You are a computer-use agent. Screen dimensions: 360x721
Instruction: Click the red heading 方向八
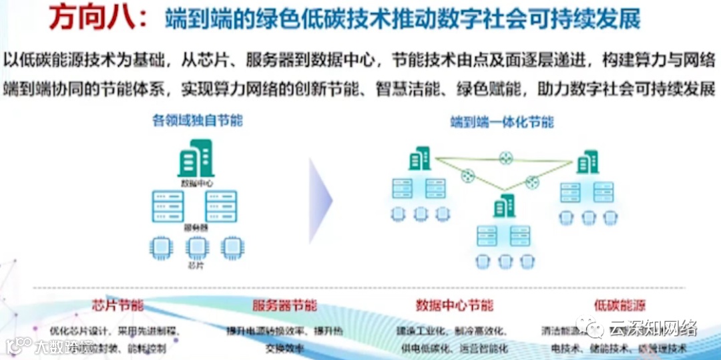100,19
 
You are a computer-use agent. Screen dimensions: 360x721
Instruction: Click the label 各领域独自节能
198,121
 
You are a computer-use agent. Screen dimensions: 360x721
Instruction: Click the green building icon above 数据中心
195,159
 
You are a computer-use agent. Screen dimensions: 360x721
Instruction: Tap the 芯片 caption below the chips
195,265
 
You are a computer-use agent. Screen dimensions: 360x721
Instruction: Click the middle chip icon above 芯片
195,247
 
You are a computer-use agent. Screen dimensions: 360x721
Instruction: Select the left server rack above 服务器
168,206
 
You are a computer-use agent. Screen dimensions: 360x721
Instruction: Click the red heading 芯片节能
117,306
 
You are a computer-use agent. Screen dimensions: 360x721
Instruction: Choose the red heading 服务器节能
284,306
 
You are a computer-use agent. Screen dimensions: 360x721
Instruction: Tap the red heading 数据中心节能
455,306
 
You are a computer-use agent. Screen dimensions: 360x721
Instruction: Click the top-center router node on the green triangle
505,158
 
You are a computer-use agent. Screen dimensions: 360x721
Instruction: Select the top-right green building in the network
587,162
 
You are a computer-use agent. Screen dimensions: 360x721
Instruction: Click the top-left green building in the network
419,159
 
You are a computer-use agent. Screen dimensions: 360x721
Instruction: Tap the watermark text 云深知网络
655,328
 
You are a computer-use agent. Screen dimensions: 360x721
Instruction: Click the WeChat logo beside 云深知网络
591,328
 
